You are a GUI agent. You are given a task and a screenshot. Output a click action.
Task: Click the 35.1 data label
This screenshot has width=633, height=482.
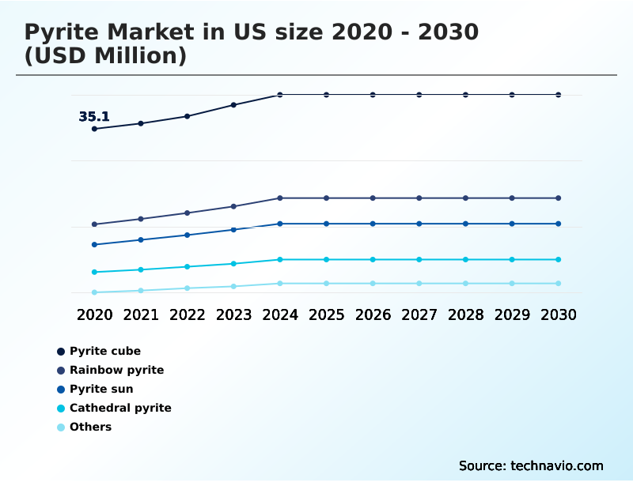pyautogui.click(x=94, y=117)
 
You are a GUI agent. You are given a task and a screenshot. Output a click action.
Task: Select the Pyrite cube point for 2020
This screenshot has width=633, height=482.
pyautogui.click(x=95, y=129)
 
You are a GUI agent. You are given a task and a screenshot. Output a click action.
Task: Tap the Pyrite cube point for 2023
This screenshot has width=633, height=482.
pyautogui.click(x=233, y=104)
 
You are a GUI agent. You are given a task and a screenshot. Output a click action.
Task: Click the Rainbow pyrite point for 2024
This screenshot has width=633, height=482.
pyautogui.click(x=280, y=198)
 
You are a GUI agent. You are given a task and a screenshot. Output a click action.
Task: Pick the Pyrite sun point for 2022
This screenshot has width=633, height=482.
pyautogui.click(x=188, y=235)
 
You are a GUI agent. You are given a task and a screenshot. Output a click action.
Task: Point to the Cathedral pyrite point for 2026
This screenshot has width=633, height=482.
pyautogui.click(x=373, y=259)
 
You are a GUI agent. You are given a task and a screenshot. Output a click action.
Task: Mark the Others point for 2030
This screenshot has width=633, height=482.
pyautogui.click(x=558, y=283)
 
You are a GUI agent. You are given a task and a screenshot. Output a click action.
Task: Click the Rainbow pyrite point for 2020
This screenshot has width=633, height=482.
pyautogui.click(x=95, y=224)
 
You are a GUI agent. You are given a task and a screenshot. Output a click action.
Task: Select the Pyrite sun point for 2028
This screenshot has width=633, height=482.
pyautogui.click(x=465, y=224)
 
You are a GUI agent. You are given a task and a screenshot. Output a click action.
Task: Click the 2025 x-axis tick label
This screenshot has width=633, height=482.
pyautogui.click(x=326, y=314)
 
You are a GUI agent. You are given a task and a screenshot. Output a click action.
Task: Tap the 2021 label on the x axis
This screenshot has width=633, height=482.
pyautogui.click(x=141, y=314)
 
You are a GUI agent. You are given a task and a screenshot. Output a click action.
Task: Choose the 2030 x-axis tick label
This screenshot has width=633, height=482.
pyautogui.click(x=558, y=314)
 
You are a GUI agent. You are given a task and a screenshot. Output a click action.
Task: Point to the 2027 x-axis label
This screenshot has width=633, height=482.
pyautogui.click(x=419, y=314)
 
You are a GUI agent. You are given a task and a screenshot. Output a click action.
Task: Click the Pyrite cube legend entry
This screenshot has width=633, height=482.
pyautogui.click(x=104, y=351)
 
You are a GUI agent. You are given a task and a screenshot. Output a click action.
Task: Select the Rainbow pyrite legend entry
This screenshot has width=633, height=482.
pyautogui.click(x=116, y=370)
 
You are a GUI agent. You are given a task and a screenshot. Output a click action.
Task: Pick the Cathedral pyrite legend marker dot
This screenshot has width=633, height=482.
pyautogui.click(x=61, y=409)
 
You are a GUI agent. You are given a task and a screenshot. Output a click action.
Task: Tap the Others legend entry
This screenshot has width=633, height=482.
pyautogui.click(x=90, y=427)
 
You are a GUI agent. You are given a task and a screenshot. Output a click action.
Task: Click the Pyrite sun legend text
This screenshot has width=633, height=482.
pyautogui.click(x=101, y=389)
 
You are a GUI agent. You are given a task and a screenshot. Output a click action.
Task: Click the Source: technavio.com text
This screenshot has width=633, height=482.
pyautogui.click(x=531, y=465)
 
